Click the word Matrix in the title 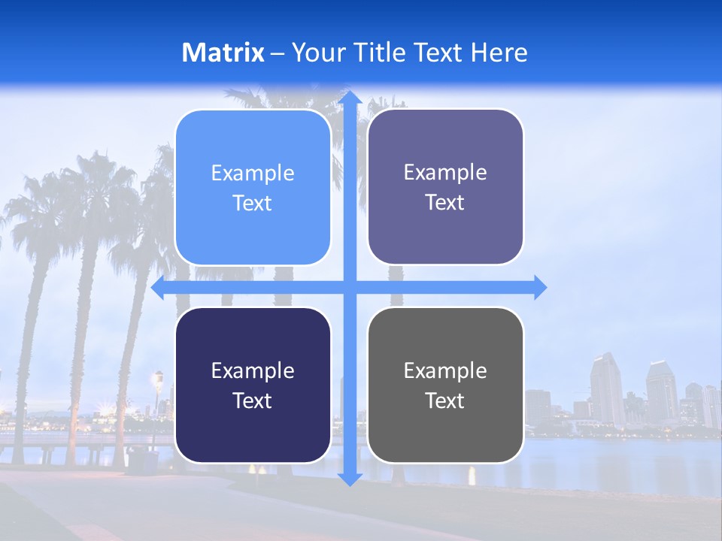point(223,53)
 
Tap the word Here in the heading point(499,53)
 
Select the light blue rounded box point(253,187)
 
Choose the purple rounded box point(445,187)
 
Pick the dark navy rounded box point(253,385)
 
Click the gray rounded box point(445,385)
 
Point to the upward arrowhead point(350,98)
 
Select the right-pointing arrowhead point(539,288)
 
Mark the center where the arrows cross point(350,288)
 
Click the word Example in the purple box point(445,172)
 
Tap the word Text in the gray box point(445,400)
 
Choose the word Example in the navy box point(253,370)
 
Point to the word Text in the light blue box point(253,204)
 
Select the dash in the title point(278,53)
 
